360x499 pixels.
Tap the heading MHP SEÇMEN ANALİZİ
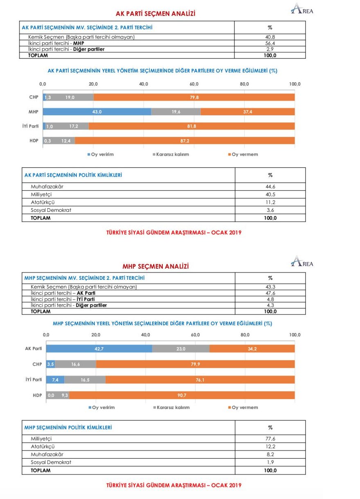pyautogui.click(x=156, y=267)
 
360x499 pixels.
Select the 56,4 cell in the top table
pyautogui.click(x=270, y=43)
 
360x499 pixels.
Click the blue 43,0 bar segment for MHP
pyautogui.click(x=97, y=112)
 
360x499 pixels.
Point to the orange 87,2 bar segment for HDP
pyautogui.click(x=185, y=141)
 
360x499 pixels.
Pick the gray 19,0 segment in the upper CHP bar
pyautogui.click(x=68, y=97)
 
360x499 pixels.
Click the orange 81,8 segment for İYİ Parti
pyautogui.click(x=191, y=126)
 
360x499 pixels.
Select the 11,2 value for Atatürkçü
pyautogui.click(x=270, y=202)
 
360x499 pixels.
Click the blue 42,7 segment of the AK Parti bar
pyautogui.click(x=99, y=348)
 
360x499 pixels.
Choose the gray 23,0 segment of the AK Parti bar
pyautogui.click(x=180, y=348)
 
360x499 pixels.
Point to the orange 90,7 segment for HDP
pyautogui.click(x=182, y=396)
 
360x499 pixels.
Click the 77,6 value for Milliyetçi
pyautogui.click(x=270, y=439)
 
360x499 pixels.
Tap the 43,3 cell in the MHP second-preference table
pyautogui.click(x=270, y=287)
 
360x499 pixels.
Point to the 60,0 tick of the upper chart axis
pyautogui.click(x=194, y=84)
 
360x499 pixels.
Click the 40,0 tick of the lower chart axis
pyautogui.click(x=146, y=335)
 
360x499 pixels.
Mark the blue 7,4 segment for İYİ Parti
pyautogui.click(x=55, y=380)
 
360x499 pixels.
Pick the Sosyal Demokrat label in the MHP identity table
pyautogui.click(x=51, y=462)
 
